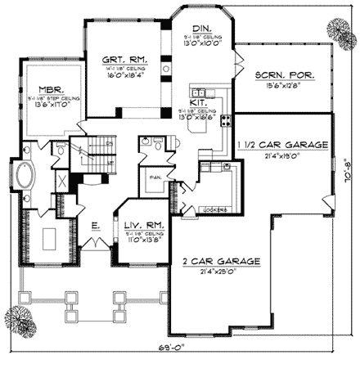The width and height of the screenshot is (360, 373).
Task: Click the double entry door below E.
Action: tap(98, 245)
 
